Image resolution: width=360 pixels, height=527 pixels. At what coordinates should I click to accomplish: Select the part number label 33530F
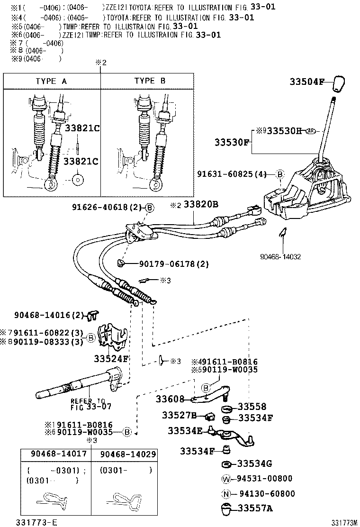(x=231, y=142)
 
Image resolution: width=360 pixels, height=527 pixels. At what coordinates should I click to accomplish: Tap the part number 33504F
(x=306, y=82)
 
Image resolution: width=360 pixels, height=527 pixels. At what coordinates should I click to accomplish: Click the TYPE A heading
(x=51, y=81)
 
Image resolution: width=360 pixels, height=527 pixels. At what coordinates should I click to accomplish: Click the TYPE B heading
(x=150, y=81)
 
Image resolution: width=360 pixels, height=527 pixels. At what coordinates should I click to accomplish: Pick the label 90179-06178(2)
(x=174, y=263)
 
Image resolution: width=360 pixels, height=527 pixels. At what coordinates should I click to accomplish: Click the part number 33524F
(x=111, y=358)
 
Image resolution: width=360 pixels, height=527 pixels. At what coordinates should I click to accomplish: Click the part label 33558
(x=252, y=407)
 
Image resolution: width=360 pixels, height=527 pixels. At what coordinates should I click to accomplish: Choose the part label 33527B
(x=179, y=415)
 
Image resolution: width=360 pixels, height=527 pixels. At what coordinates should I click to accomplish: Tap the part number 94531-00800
(x=265, y=479)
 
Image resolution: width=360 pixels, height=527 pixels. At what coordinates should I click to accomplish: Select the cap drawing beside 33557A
(x=226, y=509)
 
